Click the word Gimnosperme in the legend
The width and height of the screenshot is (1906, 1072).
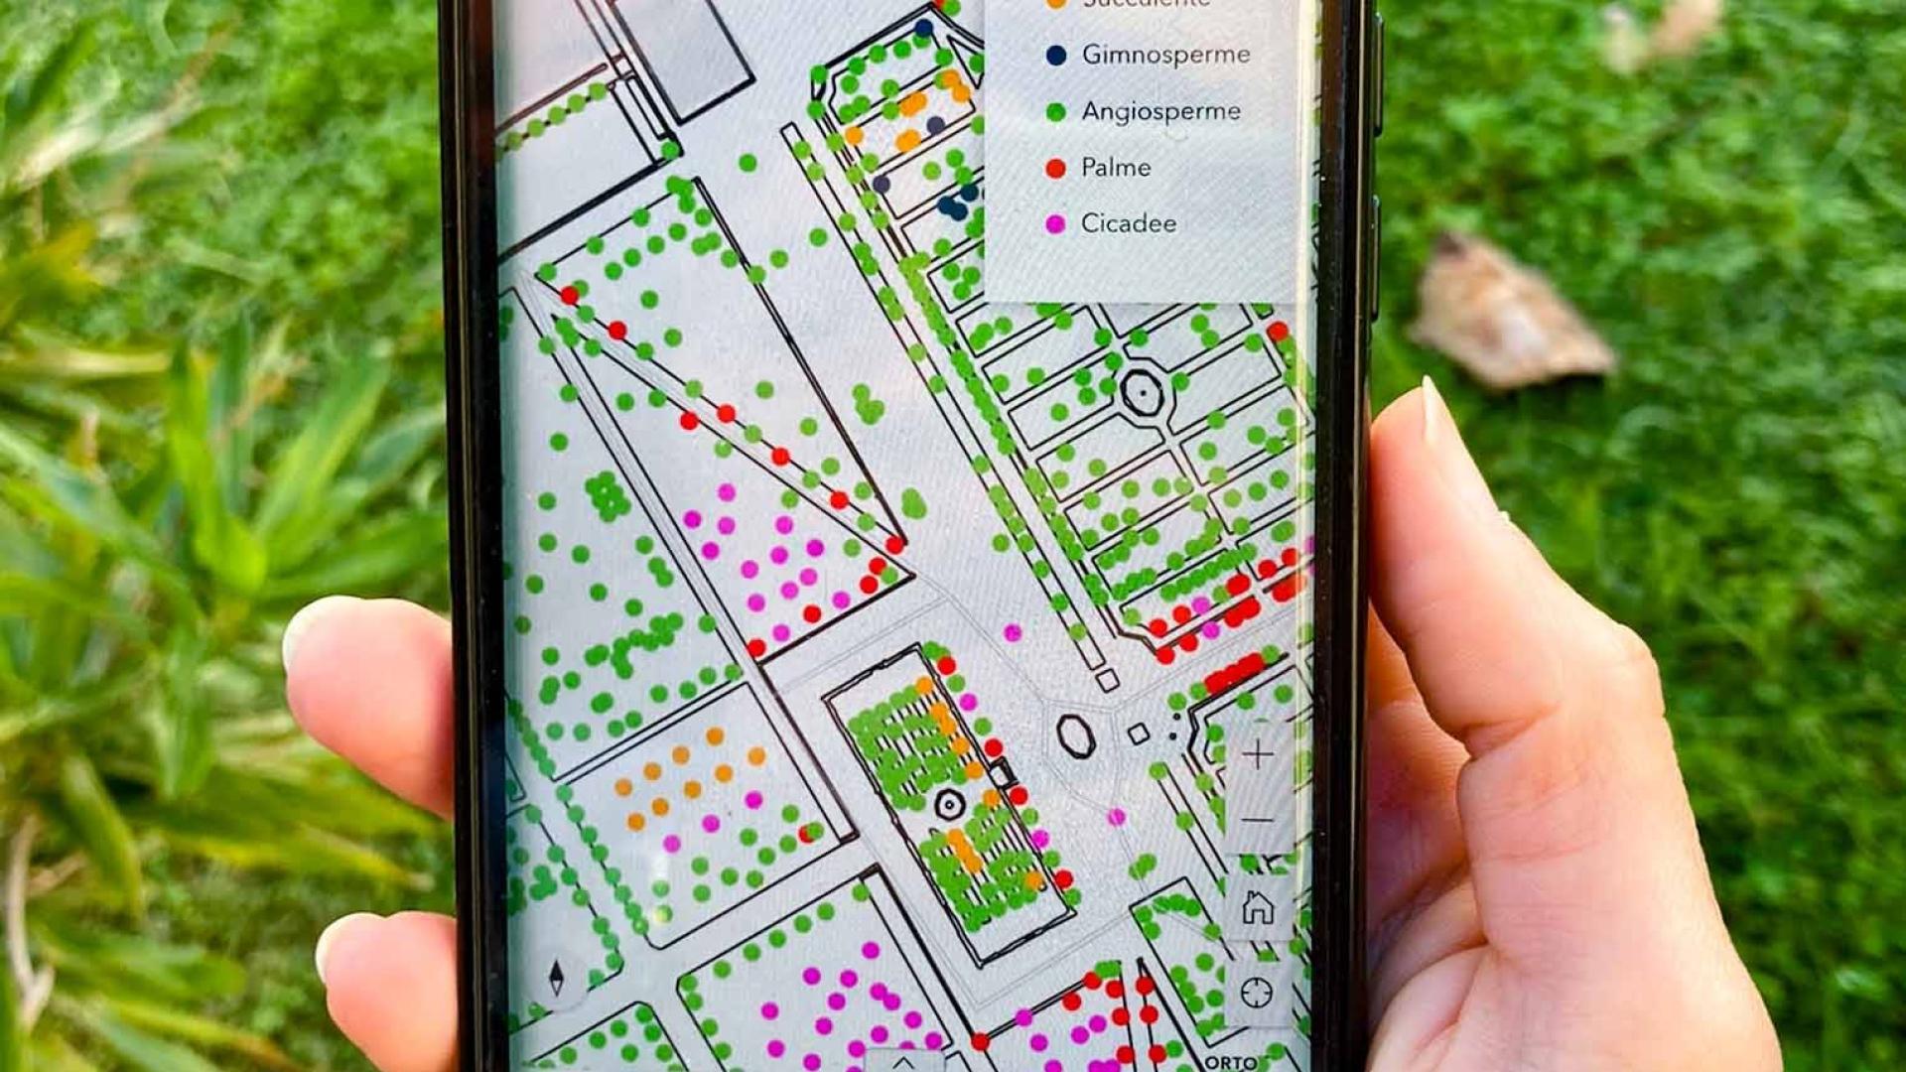pos(1165,55)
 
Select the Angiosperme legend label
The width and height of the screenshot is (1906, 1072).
pos(1160,111)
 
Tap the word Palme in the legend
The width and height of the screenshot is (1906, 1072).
pos(1116,168)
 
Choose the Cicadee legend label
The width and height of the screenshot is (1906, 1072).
pos(1128,223)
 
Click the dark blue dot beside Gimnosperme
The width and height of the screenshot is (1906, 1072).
pos(1056,55)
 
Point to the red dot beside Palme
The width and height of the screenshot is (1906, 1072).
pos(1056,168)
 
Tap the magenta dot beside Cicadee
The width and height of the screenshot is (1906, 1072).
pos(1055,223)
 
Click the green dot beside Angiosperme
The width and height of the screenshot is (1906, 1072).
pos(1056,111)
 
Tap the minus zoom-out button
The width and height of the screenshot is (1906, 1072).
pos(1258,820)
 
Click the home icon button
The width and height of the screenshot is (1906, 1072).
pos(1258,906)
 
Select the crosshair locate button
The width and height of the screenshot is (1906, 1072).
pos(1257,992)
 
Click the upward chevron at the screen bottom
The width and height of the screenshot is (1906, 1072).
pos(902,1061)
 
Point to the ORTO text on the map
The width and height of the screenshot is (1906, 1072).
pos(1231,1062)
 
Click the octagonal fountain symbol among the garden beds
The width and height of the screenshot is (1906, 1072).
pos(1143,392)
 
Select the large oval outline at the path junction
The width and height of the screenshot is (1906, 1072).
pos(1075,736)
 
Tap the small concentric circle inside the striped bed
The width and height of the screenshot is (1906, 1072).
pos(949,803)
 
